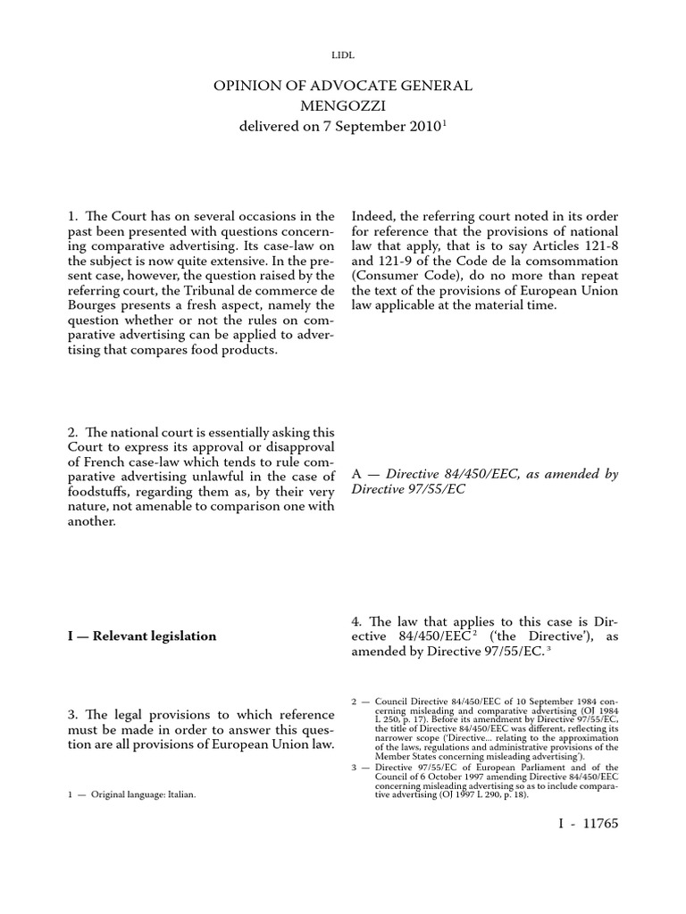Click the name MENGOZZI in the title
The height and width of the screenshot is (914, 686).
pos(343,106)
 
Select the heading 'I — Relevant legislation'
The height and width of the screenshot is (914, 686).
pos(142,636)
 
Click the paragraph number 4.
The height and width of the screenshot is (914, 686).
pos(357,620)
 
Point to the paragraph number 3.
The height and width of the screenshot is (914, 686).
pos(73,713)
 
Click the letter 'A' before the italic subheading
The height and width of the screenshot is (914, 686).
pos(357,476)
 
